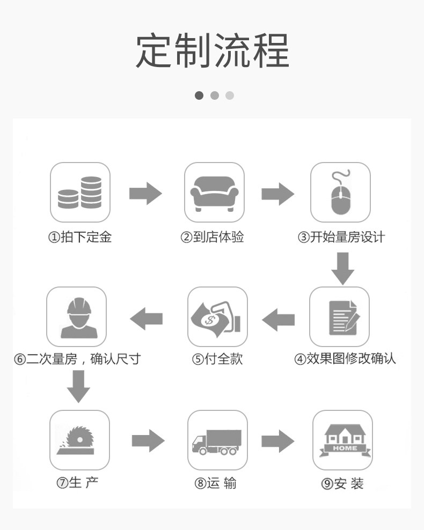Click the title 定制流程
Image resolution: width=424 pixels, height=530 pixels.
coord(212,51)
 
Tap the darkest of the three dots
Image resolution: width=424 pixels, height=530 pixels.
coord(199,95)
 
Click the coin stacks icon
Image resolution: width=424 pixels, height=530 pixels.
coord(80,192)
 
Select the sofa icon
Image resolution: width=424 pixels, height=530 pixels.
coord(214,192)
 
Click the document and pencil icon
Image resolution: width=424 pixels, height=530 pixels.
coord(340,316)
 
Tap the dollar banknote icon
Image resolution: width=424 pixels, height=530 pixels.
coord(217,316)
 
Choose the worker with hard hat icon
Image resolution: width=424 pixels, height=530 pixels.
coord(77,316)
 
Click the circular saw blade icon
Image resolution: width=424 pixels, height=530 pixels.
coord(79,440)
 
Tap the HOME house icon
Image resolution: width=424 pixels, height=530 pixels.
coord(342,440)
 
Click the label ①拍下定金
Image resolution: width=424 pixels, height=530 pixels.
coord(80,237)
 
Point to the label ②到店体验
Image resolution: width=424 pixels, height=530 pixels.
coord(212,237)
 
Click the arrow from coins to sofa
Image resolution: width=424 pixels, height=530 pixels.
coord(145,193)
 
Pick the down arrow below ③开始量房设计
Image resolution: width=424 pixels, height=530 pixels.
coord(342,267)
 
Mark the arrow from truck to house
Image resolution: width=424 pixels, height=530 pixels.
coord(278,441)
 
